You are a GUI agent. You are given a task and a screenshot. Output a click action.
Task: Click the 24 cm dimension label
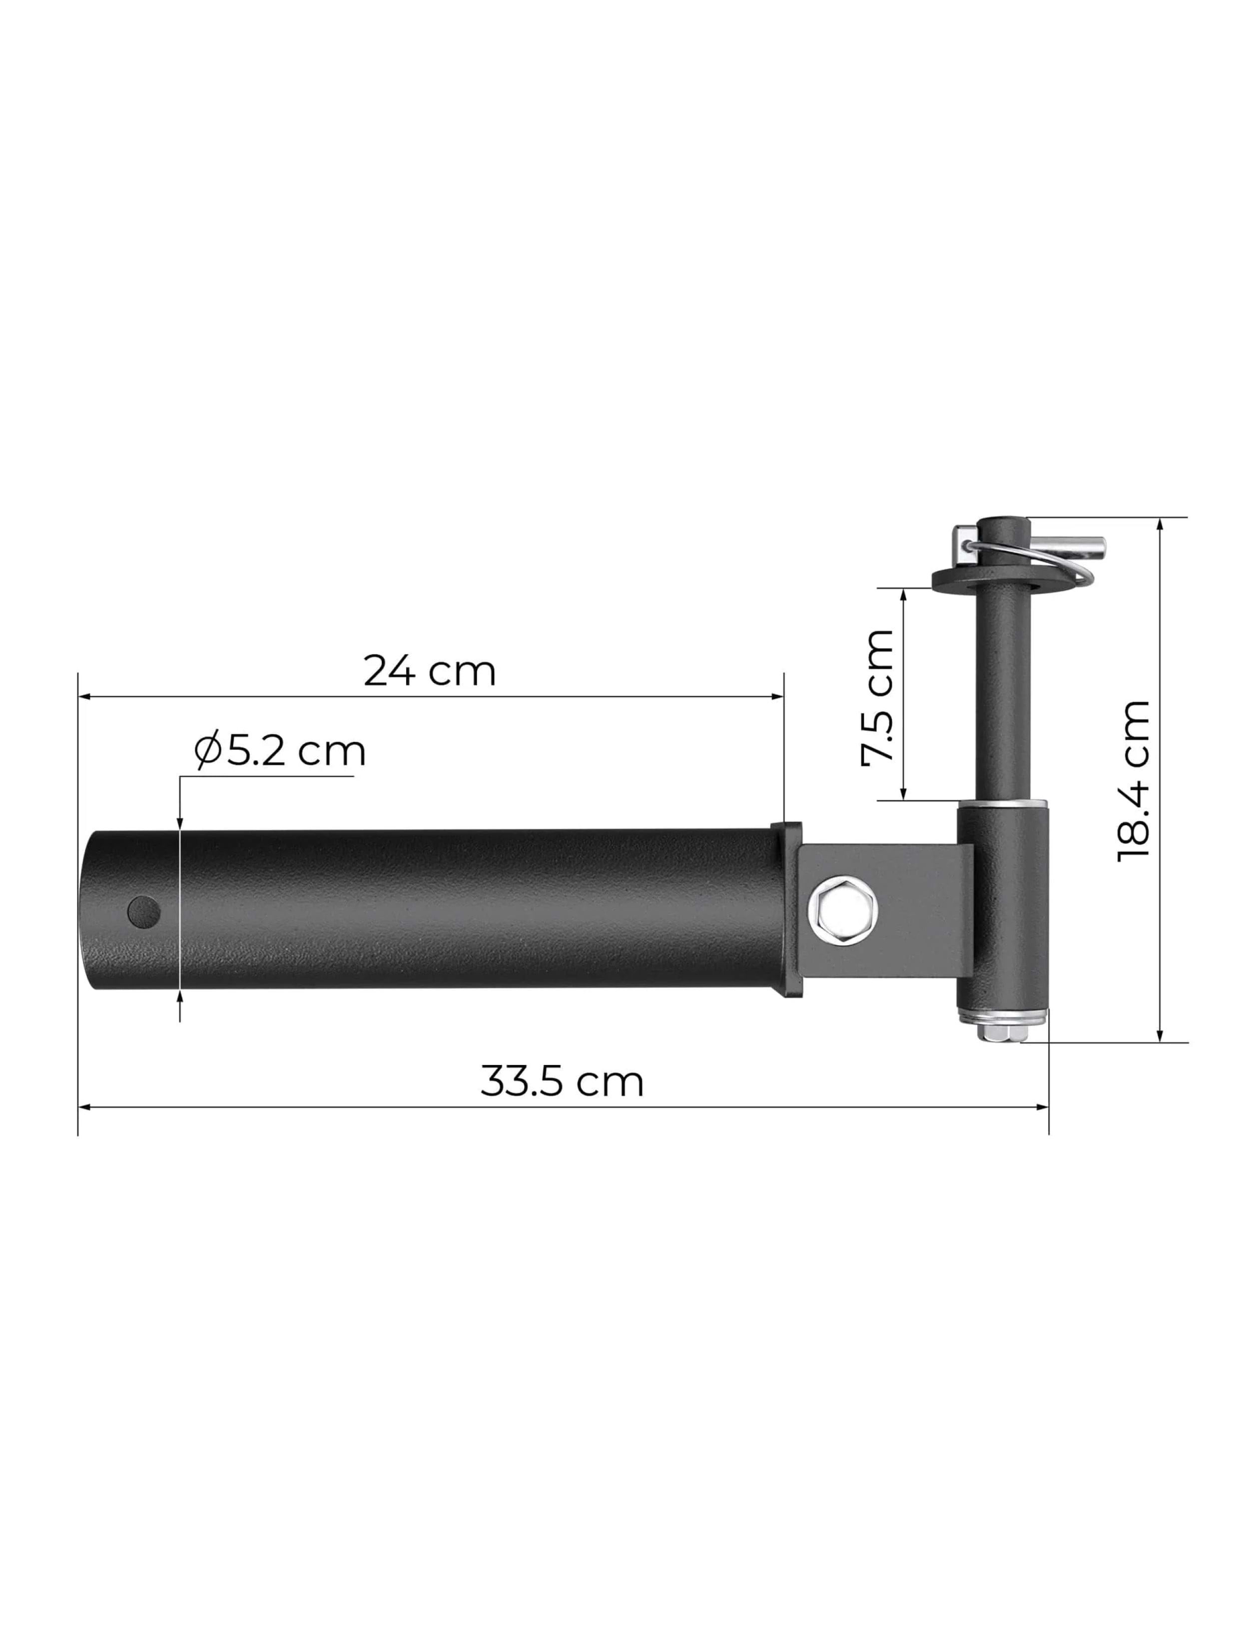pyautogui.click(x=430, y=671)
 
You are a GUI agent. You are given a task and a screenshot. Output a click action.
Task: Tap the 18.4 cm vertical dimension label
pyautogui.click(x=1134, y=782)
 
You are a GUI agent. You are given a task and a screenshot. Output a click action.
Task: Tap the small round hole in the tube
pyautogui.click(x=144, y=910)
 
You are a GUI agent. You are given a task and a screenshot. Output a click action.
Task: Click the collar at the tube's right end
pyautogui.click(x=786, y=910)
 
